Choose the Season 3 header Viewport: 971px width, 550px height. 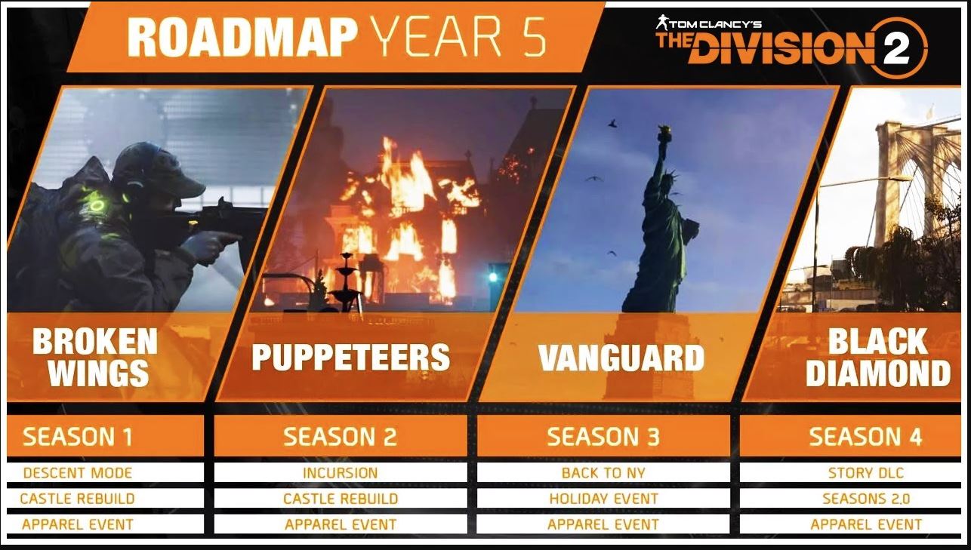[x=603, y=436]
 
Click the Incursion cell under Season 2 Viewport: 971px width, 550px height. [x=341, y=472]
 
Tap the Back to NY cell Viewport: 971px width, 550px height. [x=603, y=472]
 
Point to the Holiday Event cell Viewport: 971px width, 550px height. [x=603, y=499]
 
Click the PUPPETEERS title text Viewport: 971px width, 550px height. [x=351, y=358]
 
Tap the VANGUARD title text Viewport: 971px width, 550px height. [x=621, y=358]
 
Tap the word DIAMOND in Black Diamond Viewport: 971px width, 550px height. [x=878, y=373]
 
